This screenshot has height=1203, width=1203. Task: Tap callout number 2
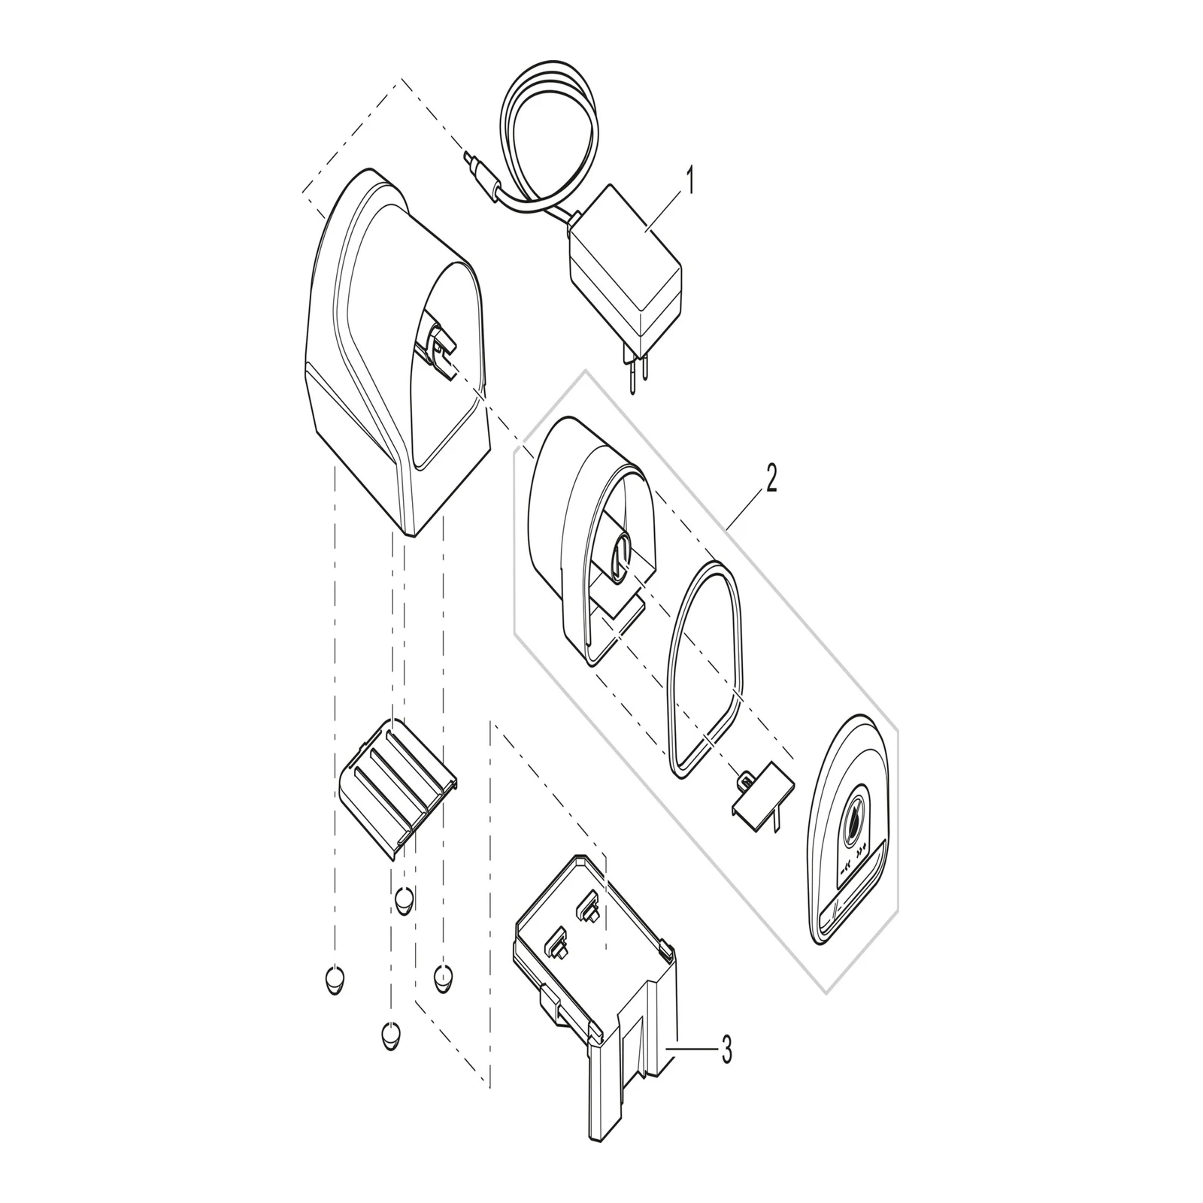click(x=771, y=479)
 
